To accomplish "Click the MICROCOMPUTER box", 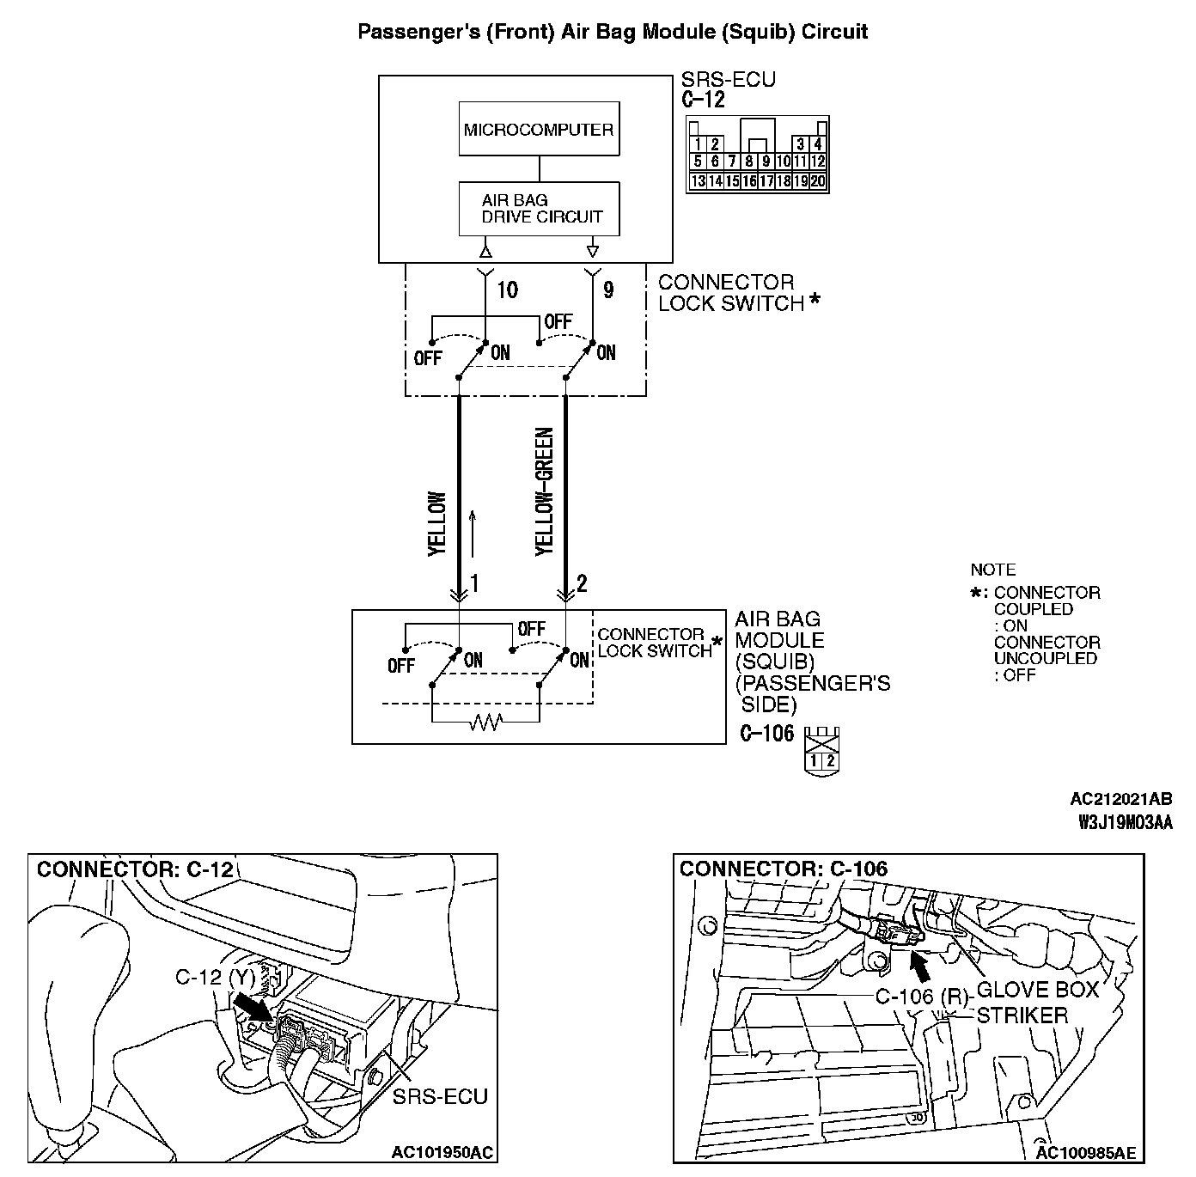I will point(539,130).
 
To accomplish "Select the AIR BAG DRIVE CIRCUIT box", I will point(539,208).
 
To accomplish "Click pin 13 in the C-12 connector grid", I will point(698,181).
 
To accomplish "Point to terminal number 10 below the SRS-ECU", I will point(508,290).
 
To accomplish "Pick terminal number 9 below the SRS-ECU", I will point(608,290).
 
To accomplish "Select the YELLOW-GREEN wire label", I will point(544,491).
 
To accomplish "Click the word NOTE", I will point(992,570).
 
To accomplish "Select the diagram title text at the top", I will point(612,33).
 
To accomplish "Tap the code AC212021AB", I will point(1120,800).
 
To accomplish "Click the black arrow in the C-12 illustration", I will point(253,1007).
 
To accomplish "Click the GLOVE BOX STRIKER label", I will point(1038,1003).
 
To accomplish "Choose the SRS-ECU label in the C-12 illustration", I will point(440,1096).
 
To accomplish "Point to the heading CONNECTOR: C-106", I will point(783,869).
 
